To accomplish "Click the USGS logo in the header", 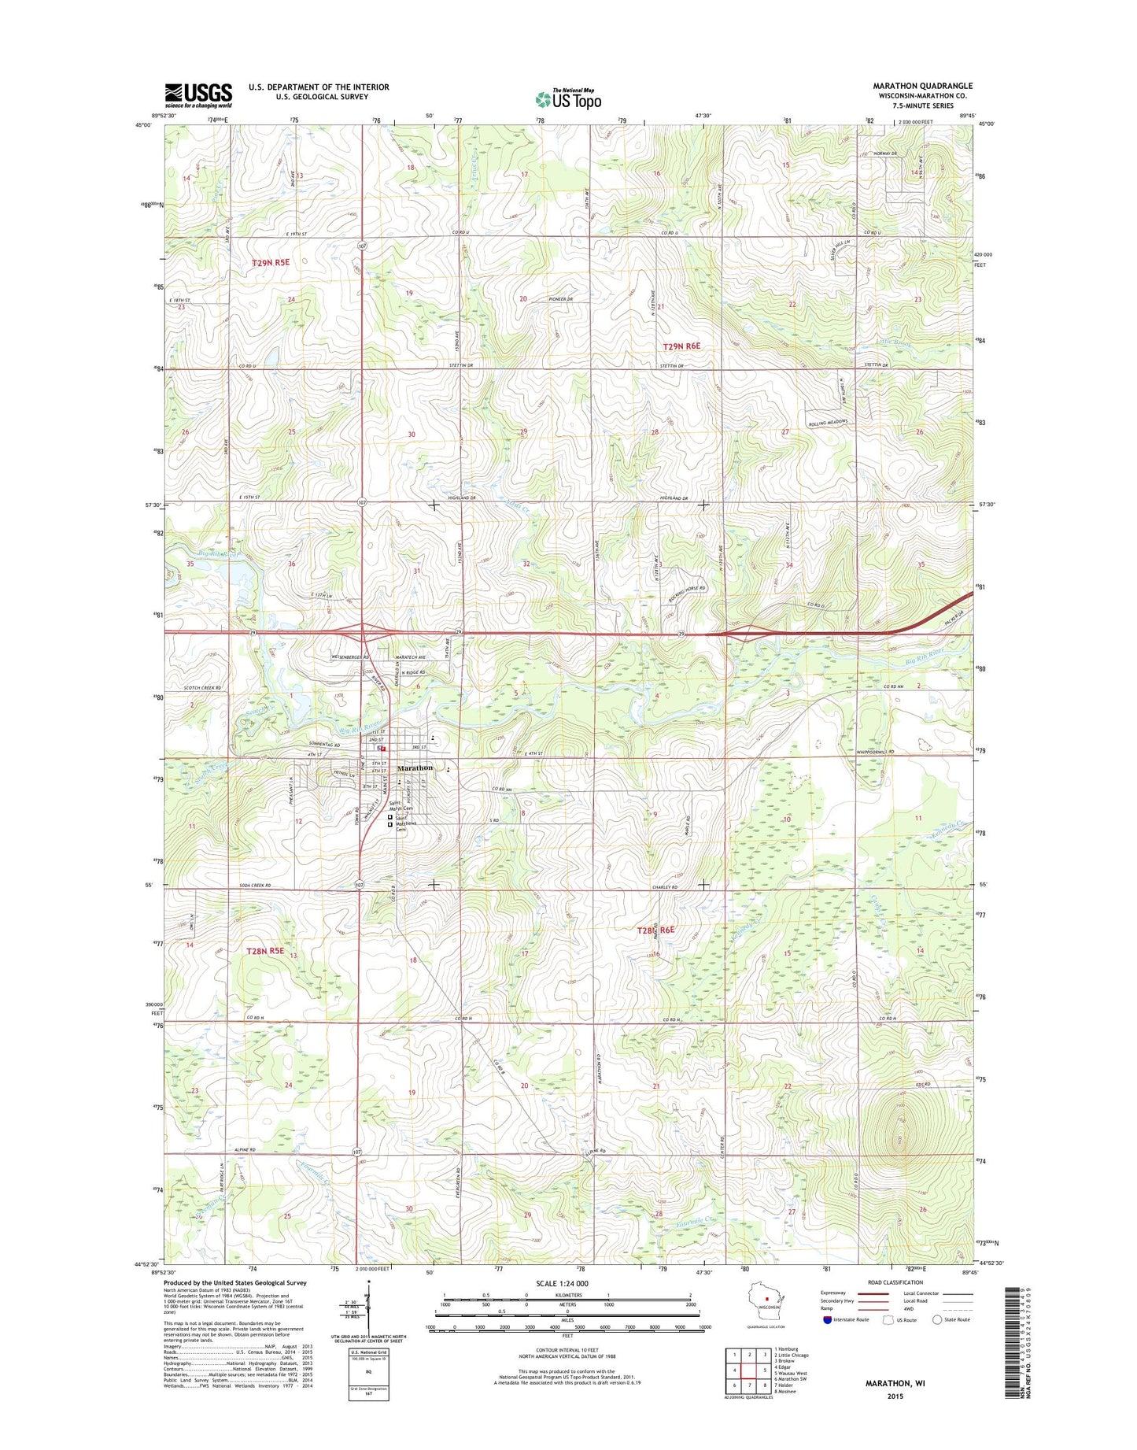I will [x=198, y=95].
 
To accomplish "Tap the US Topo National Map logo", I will [x=568, y=99].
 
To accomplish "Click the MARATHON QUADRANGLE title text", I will [x=922, y=86].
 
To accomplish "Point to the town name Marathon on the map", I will [x=415, y=768].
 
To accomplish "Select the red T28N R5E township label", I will [x=265, y=951].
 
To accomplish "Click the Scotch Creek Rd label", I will [x=203, y=688].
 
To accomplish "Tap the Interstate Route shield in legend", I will [x=827, y=1319].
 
